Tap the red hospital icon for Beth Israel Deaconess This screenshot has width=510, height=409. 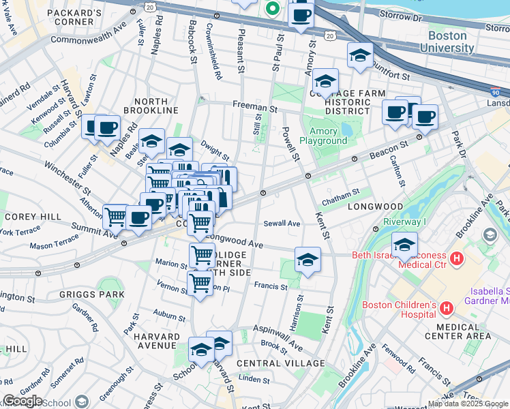[x=457, y=259]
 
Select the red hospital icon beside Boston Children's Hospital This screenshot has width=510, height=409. [x=447, y=309]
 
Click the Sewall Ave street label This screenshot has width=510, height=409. [x=282, y=224]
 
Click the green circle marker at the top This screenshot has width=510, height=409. [x=272, y=9]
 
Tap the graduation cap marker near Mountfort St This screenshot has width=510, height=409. [x=360, y=56]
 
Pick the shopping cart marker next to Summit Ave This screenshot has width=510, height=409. [x=115, y=217]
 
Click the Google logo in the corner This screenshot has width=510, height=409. [x=22, y=401]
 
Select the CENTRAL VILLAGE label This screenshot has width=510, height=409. [x=281, y=363]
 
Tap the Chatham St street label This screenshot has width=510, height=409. [x=341, y=194]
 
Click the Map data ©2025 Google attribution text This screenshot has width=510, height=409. [x=468, y=404]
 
